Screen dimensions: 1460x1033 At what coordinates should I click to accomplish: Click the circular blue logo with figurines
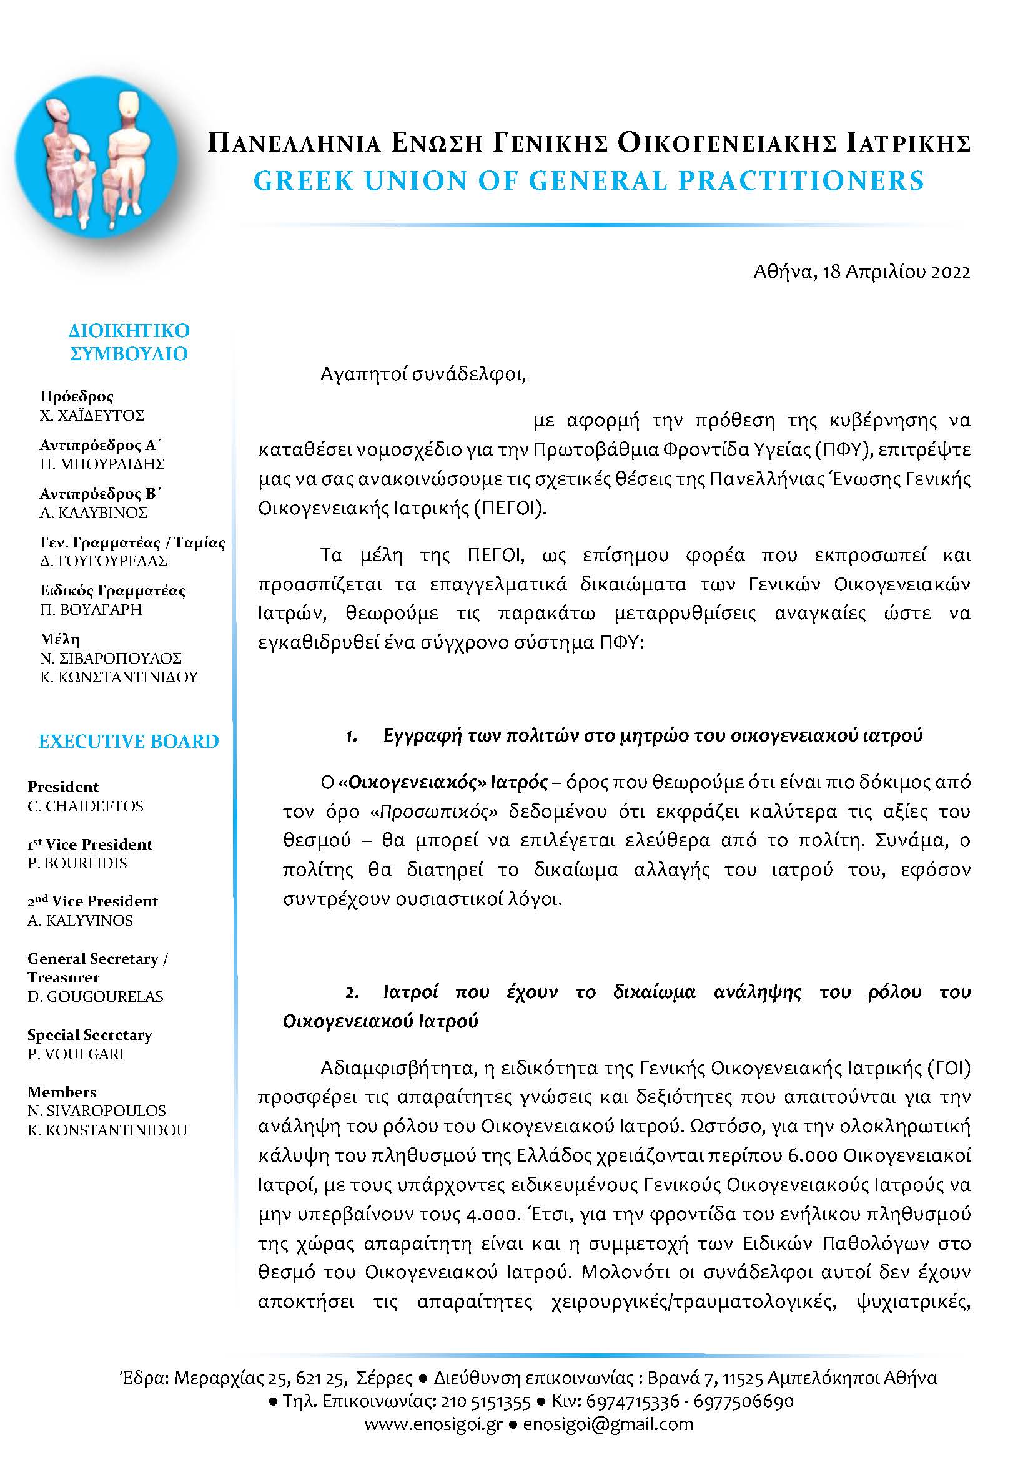[x=97, y=157]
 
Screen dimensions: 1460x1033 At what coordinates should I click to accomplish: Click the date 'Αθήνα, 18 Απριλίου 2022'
[x=862, y=272]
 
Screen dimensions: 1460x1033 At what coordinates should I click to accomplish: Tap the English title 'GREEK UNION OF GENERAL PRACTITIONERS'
[x=588, y=181]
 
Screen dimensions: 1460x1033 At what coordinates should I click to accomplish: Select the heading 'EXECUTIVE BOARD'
[x=129, y=741]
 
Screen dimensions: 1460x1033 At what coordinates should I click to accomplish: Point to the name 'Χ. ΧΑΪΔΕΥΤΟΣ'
[x=92, y=416]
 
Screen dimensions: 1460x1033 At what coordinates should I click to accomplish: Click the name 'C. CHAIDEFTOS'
[x=85, y=806]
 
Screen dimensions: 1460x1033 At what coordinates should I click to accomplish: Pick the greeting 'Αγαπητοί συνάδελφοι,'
[x=423, y=374]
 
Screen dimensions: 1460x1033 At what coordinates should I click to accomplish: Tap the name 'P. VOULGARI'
[x=76, y=1054]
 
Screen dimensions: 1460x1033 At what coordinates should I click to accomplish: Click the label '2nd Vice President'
[x=92, y=901]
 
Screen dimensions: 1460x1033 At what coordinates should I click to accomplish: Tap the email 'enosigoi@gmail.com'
[x=608, y=1424]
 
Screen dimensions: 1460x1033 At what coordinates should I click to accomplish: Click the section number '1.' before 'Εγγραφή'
[x=351, y=737]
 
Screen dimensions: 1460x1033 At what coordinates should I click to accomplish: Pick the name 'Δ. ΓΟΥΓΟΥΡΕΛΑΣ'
[x=103, y=561]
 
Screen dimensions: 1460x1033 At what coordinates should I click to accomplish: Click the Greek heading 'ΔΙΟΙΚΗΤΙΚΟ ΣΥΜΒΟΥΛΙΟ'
[x=129, y=342]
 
